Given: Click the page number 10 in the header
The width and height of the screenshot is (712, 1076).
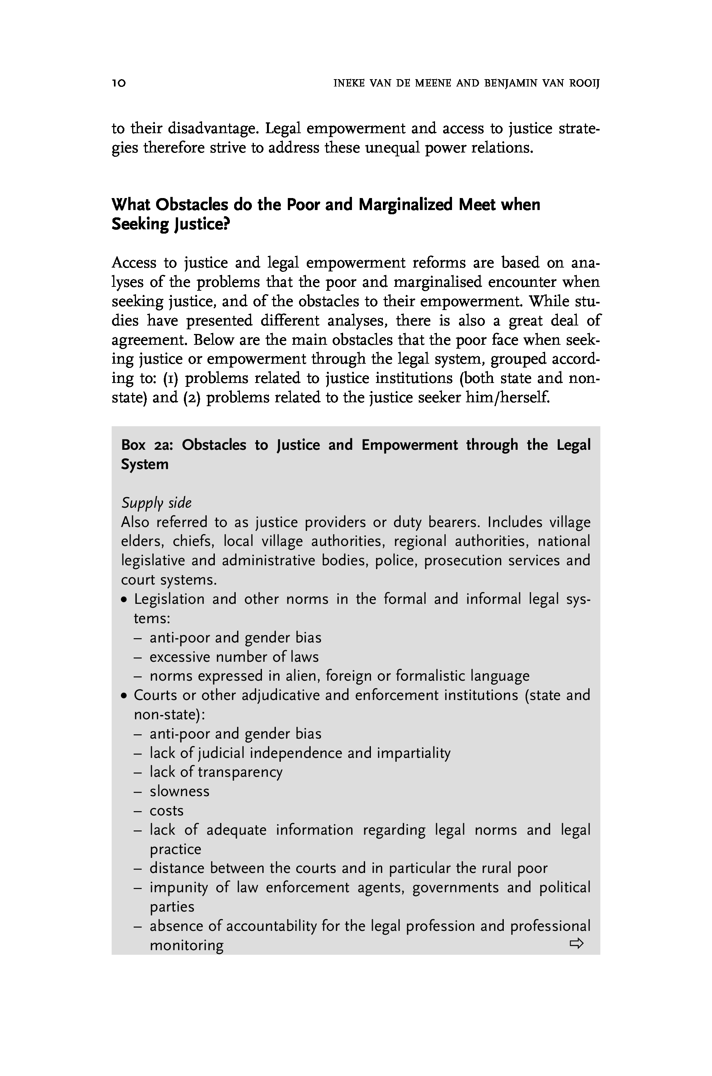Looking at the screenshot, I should click(119, 83).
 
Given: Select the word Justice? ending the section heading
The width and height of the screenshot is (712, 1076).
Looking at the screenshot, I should click(202, 224).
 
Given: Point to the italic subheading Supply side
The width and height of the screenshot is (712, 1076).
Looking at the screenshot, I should click(156, 503).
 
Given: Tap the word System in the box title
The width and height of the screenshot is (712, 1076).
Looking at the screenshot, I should click(144, 464).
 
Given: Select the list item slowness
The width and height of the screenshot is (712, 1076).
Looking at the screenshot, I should click(179, 791).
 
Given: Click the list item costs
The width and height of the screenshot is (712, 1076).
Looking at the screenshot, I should click(167, 810).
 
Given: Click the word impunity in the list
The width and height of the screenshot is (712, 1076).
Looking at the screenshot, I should click(178, 888).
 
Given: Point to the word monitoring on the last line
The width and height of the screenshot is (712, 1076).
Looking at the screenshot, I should click(187, 945).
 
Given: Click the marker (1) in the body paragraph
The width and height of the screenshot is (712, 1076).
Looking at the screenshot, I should click(170, 378).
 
